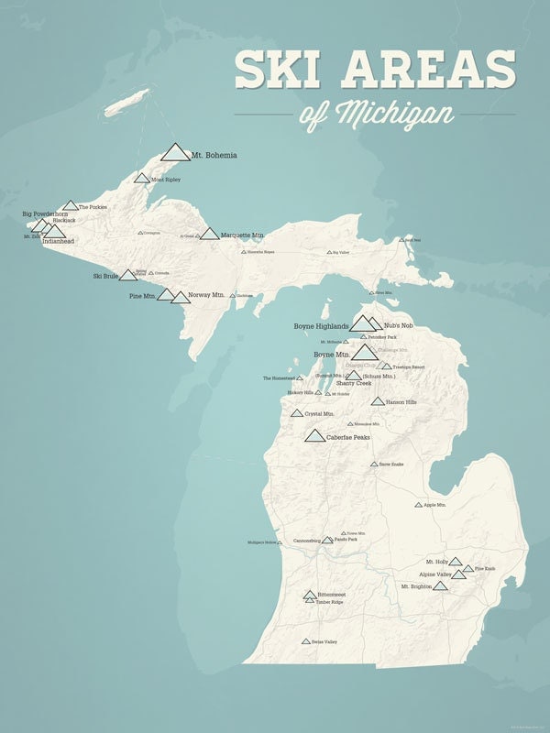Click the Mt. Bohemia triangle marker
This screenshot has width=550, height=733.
[x=174, y=152]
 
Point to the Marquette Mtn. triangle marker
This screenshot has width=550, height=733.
[x=209, y=235]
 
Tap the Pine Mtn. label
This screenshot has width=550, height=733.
[x=142, y=296]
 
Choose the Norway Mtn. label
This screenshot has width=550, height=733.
[x=206, y=295]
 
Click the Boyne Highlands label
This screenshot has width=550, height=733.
[x=321, y=326]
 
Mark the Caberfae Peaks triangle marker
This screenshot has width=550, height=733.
[x=314, y=437]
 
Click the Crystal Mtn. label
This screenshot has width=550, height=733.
[x=319, y=414]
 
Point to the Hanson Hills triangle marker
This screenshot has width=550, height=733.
[x=377, y=401]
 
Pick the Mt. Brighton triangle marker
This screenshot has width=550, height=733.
[x=440, y=585]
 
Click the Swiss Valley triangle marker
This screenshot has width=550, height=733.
[x=305, y=641]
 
